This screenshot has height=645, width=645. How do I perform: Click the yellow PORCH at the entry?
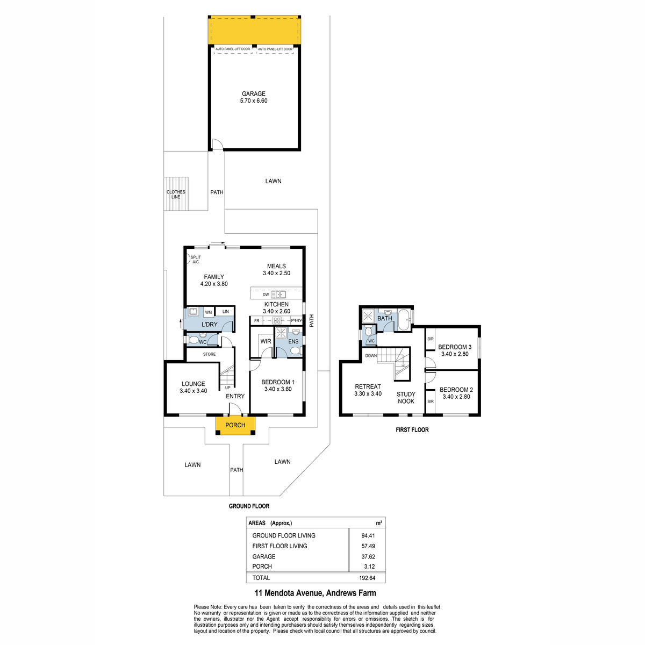point(235,425)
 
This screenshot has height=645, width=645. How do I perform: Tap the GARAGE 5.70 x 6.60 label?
point(253,97)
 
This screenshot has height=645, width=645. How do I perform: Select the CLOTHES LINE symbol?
point(176,194)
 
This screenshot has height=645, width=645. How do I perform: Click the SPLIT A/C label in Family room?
point(196,260)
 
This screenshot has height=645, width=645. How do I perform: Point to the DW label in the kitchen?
point(266,295)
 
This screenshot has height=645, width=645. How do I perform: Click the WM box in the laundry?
point(209,312)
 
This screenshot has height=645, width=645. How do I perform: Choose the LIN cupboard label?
point(226,311)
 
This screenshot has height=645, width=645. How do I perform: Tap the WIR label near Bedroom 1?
point(266,341)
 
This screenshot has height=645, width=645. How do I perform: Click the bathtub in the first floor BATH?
point(404,320)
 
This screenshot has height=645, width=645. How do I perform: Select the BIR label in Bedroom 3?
point(431,339)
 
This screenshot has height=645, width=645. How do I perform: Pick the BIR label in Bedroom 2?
point(431,402)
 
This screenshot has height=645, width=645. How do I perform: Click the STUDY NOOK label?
point(406,398)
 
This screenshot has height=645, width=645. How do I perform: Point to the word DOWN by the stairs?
point(371,355)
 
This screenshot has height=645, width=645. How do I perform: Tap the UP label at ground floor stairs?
point(227,388)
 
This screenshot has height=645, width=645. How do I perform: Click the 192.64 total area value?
point(368,578)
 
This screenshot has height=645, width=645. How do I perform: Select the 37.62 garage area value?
point(368,557)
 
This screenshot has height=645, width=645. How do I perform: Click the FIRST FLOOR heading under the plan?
point(412,430)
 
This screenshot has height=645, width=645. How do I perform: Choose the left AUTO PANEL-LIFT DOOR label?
point(233,49)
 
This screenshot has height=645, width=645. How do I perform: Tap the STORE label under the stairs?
point(209,354)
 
